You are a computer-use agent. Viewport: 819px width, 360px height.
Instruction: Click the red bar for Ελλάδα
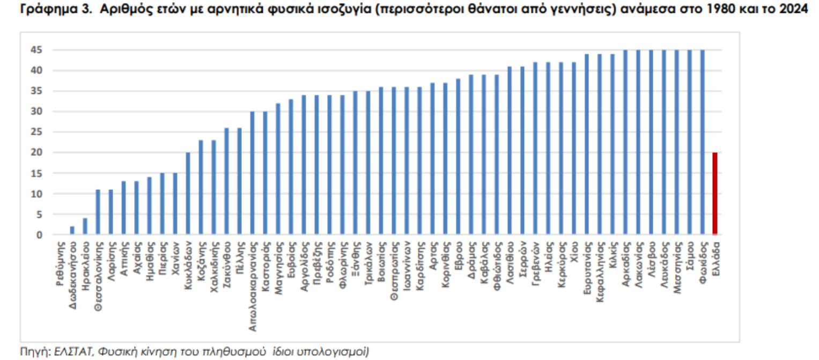(x=715, y=194)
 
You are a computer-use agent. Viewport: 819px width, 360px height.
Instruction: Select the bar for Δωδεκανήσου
(x=72, y=231)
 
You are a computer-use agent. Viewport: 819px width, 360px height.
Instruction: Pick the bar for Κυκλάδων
(x=188, y=194)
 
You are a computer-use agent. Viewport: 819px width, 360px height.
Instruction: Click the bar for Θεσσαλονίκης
(x=98, y=212)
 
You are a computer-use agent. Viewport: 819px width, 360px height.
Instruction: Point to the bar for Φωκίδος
(x=702, y=142)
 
